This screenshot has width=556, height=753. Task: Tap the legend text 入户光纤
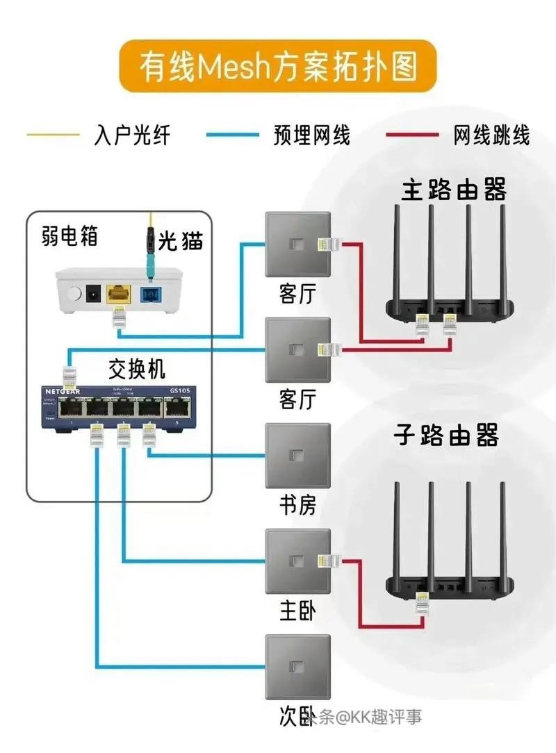(x=132, y=134)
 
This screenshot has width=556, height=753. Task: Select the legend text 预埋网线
(x=312, y=134)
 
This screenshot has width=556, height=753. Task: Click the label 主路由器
(x=453, y=190)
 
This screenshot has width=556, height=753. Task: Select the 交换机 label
(x=137, y=367)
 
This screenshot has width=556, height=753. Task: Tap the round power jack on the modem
(x=90, y=295)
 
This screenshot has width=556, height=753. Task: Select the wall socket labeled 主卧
(x=297, y=562)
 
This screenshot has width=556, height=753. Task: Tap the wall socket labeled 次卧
(x=297, y=668)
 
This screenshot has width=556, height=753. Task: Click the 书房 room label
(x=297, y=504)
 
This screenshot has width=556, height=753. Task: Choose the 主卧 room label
(x=297, y=611)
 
